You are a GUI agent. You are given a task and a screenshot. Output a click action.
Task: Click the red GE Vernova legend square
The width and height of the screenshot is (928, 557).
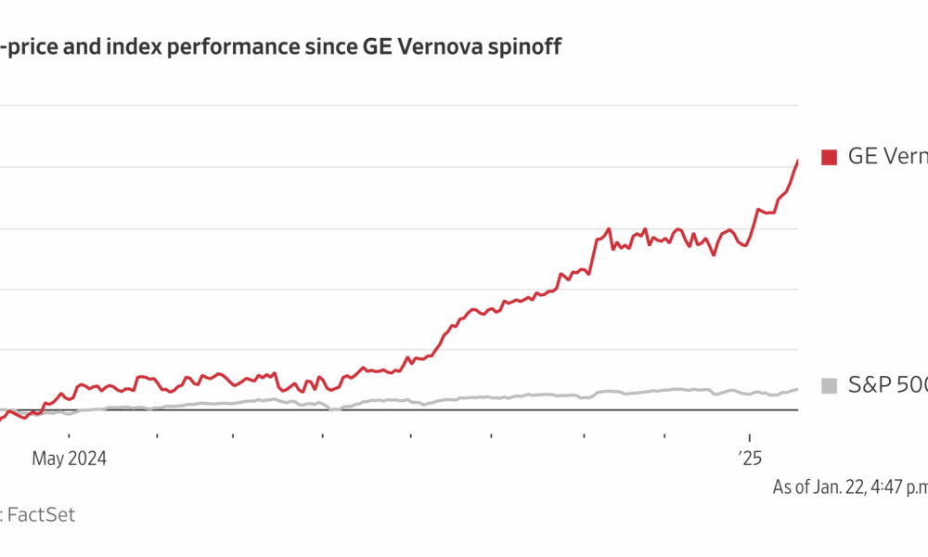pos(829,157)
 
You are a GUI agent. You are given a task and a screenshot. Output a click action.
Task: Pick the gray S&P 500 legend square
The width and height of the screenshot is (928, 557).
pos(829,385)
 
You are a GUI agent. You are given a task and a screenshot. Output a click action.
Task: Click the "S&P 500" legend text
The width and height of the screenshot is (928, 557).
pos(887,385)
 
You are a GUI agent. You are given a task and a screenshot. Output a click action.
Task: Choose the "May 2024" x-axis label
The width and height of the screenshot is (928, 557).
pos(70,458)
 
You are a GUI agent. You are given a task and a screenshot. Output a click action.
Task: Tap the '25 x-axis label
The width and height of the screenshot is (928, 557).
pos(750,458)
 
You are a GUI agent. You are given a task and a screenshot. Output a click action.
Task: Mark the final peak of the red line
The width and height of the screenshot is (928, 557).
pos(797,161)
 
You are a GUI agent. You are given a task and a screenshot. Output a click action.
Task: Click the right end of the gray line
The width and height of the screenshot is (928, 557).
pos(797,389)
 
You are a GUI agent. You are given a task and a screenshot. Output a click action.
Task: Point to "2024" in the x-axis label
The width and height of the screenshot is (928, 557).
pos(86,458)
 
